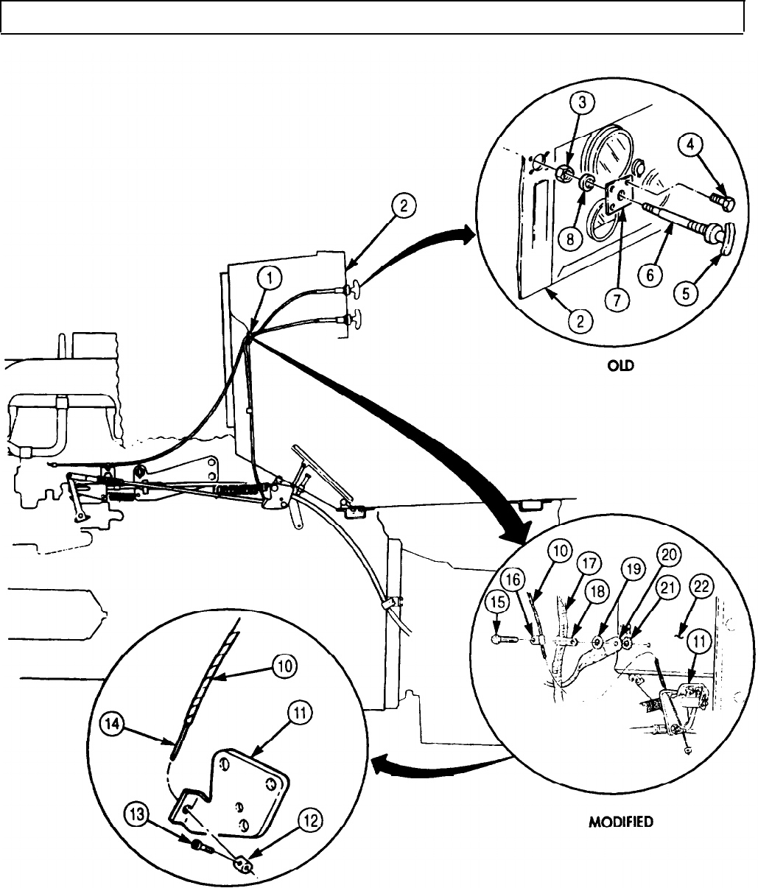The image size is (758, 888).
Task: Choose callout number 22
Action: point(699,587)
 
